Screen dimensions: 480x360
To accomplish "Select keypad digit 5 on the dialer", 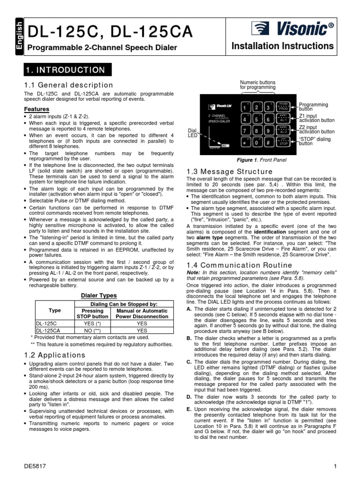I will [257, 120].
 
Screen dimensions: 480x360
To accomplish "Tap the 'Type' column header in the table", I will [54, 310].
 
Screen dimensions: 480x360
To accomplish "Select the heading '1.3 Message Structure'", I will [223, 172].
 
